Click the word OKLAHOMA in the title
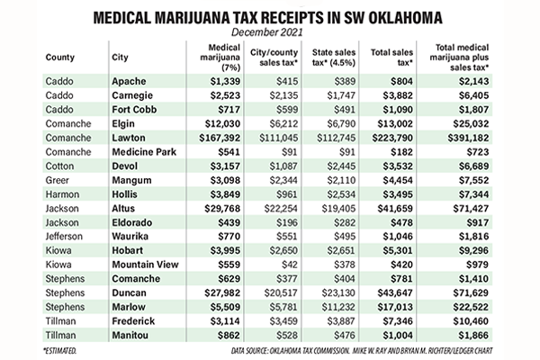pyautogui.click(x=405, y=18)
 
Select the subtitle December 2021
pyautogui.click(x=267, y=32)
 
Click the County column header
pyautogui.click(x=60, y=58)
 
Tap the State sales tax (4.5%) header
pyautogui.click(x=333, y=58)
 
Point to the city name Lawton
pyautogui.click(x=129, y=138)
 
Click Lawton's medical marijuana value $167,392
pyautogui.click(x=220, y=138)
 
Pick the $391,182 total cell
pyautogui.click(x=468, y=138)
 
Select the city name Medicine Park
pyautogui.click(x=144, y=152)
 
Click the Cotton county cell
pyautogui.click(x=59, y=166)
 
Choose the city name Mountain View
pyautogui.click(x=145, y=265)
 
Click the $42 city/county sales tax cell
pyautogui.click(x=289, y=265)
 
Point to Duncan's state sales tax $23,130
pyautogui.click(x=338, y=292)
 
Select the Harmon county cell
pyautogui.click(x=62, y=194)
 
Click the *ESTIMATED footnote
pyautogui.click(x=59, y=351)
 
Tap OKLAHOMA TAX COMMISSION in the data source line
pyautogui.click(x=310, y=351)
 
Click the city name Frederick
pyautogui.click(x=133, y=321)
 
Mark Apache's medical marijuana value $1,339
pyautogui.click(x=225, y=81)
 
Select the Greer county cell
pyautogui.click(x=58, y=180)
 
